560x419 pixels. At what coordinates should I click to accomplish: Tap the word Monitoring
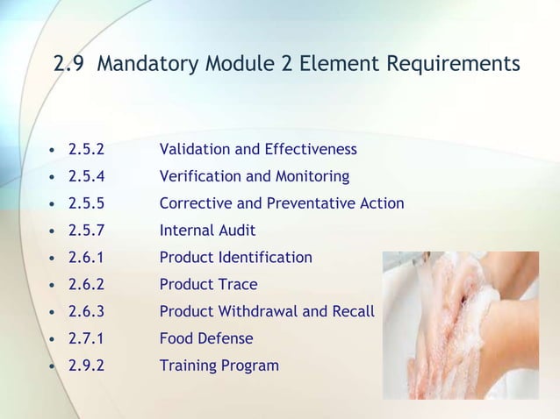click(x=312, y=177)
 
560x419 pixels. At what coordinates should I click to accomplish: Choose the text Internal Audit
click(x=207, y=231)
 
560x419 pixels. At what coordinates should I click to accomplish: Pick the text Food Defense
click(x=205, y=338)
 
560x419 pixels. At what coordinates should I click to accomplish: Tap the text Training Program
click(x=219, y=366)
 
